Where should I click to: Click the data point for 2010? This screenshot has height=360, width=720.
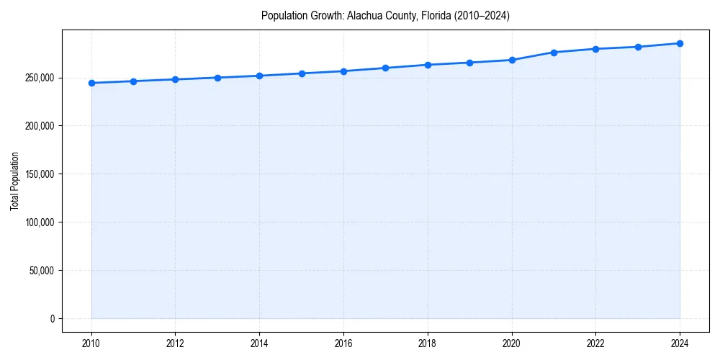point(91,83)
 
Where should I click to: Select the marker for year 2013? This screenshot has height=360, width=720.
point(217,78)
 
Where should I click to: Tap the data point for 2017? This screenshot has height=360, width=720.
point(386,68)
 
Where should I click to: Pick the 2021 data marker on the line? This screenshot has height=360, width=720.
point(554,53)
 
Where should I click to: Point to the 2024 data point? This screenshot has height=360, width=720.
point(680,43)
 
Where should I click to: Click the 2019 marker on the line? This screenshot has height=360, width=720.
point(469,63)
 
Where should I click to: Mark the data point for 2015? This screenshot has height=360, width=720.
point(302,73)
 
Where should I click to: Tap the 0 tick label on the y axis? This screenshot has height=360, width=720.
point(53,319)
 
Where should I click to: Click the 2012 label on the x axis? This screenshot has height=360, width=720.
point(175,343)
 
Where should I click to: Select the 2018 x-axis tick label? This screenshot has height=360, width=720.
point(428,343)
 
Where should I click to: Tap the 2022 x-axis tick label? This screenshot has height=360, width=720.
point(595,343)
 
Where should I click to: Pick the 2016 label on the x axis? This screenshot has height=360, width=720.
point(343,343)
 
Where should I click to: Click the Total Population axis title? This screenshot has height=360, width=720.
point(14,181)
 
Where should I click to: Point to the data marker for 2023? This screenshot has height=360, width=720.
point(638,47)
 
